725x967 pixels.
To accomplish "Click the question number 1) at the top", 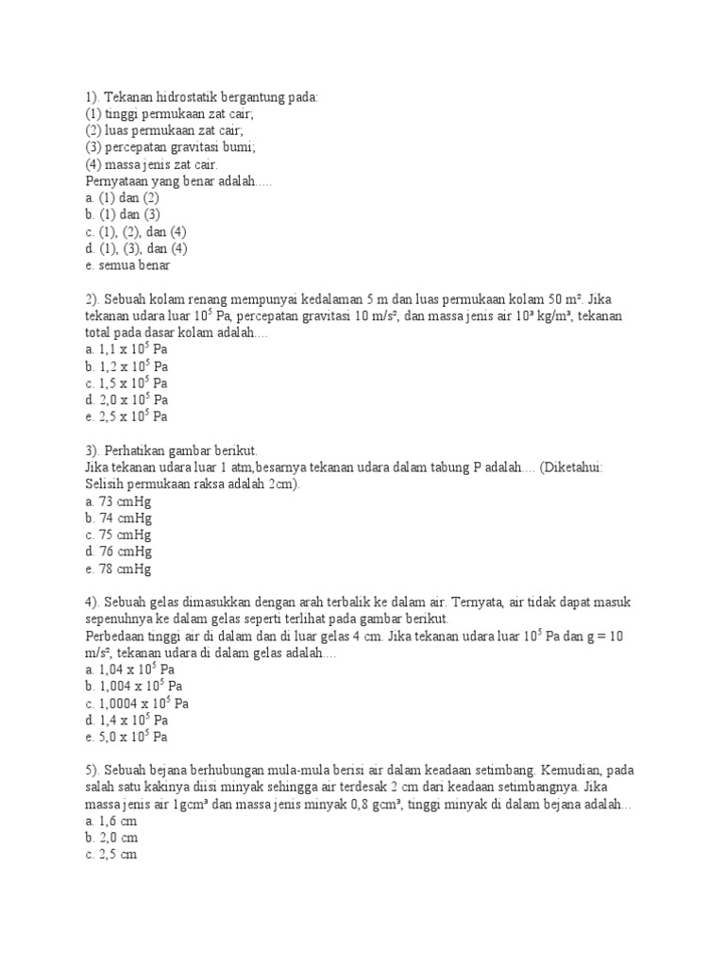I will pyautogui.click(x=92, y=97).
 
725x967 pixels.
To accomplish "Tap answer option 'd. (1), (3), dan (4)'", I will pyautogui.click(x=137, y=249).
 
